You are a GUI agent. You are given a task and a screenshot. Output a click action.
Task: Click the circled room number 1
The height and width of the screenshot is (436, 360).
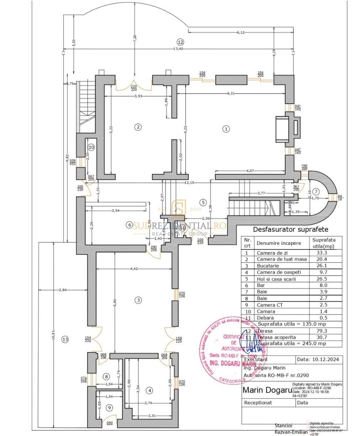(x=226, y=129)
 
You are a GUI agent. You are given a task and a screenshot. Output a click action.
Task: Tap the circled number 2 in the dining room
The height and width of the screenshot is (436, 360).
(x=138, y=127)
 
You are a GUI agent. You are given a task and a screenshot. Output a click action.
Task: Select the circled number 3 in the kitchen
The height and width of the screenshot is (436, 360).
(x=138, y=300)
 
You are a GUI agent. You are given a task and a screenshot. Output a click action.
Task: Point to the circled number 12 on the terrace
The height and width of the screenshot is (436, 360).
(x=180, y=42)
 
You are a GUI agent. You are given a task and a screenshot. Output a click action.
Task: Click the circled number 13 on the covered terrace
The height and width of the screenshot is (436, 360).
(x=65, y=340)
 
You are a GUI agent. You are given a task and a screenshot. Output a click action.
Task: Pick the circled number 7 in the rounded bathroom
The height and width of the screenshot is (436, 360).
(x=316, y=191)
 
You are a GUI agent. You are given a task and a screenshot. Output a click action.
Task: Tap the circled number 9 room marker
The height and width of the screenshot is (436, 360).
(x=109, y=408)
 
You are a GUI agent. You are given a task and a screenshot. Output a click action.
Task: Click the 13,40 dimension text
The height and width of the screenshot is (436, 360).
(x=178, y=49)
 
